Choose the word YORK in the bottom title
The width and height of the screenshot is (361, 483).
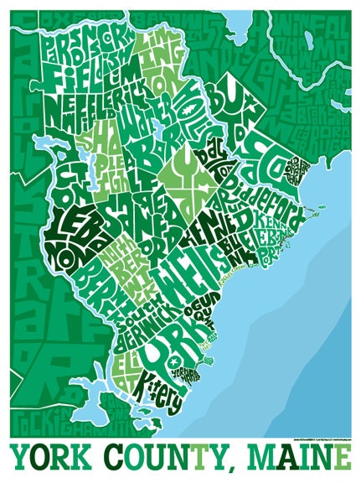click(x=50, y=458)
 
